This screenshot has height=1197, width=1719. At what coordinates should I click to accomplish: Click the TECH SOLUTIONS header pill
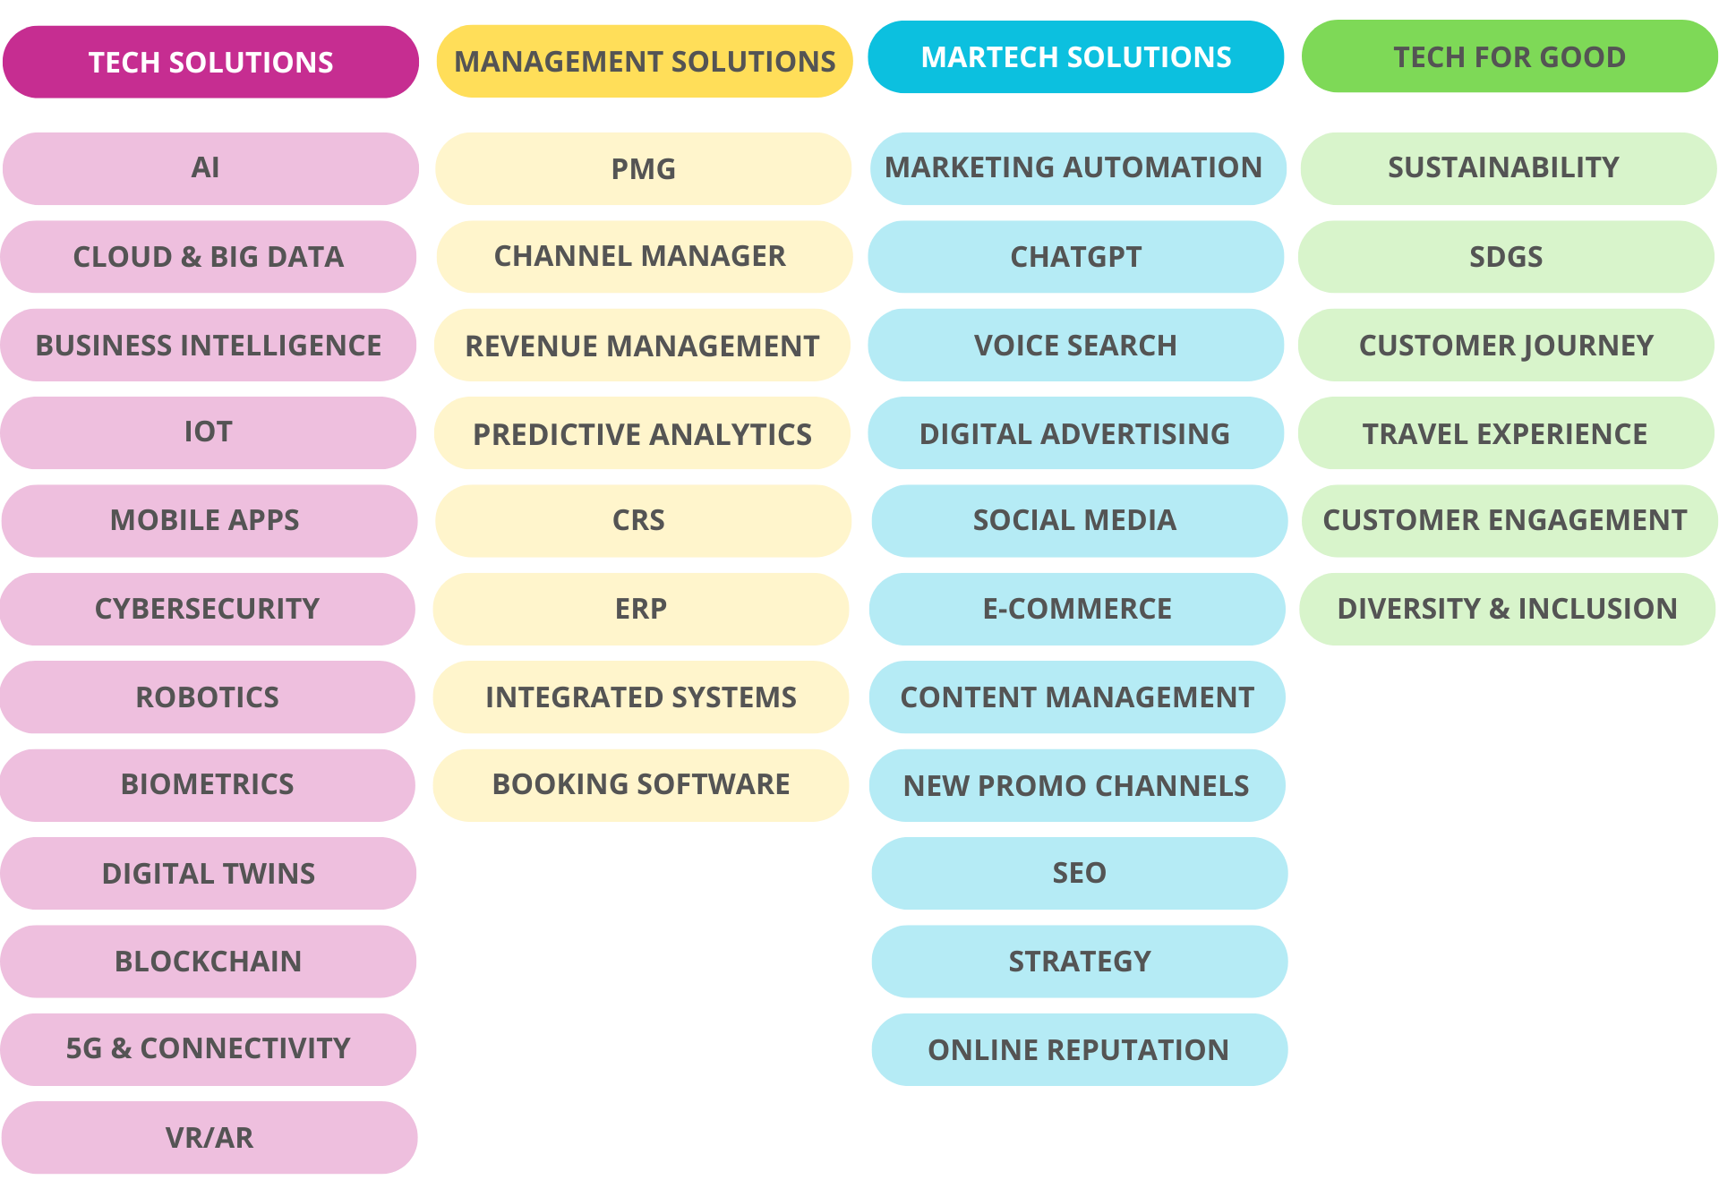[x=210, y=62]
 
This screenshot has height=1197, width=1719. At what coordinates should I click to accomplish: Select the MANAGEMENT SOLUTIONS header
[x=645, y=61]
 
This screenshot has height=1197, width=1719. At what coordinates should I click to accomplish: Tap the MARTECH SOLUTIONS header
[x=1076, y=57]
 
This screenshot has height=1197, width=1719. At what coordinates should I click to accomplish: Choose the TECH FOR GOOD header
[x=1509, y=57]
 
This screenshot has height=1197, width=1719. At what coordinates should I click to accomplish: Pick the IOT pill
[x=208, y=432]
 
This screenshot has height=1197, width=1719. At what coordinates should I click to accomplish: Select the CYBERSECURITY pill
[x=207, y=609]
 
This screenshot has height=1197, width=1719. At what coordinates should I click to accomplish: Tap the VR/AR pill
[x=210, y=1138]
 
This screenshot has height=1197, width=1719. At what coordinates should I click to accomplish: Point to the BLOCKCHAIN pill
[x=209, y=962]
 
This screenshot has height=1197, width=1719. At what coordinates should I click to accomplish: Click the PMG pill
[x=643, y=168]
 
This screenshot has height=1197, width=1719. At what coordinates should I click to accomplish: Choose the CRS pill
[x=638, y=520]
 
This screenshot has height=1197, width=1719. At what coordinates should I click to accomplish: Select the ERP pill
[x=641, y=609]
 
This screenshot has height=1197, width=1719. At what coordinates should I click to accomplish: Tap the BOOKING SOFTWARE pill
[x=641, y=784]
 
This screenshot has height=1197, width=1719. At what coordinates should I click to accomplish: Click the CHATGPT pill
[x=1076, y=257]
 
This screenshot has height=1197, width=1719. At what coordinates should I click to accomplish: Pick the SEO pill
[x=1079, y=873]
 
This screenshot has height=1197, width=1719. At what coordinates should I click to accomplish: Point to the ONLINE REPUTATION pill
[x=1079, y=1049]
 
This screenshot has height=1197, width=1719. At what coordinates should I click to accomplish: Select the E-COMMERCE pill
[x=1077, y=609]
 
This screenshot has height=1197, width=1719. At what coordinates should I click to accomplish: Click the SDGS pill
[x=1506, y=257]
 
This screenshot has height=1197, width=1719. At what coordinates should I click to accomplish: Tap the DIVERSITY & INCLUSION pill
[x=1507, y=609]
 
